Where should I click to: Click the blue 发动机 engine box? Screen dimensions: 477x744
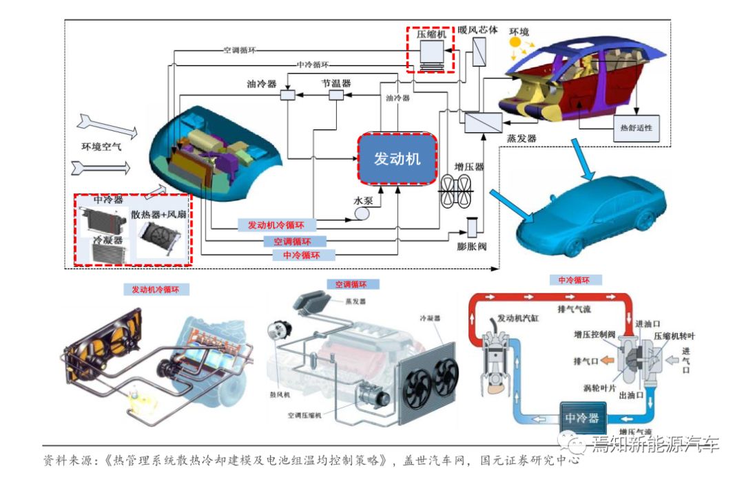[x=397, y=159]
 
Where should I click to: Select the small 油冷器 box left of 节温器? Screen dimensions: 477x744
[x=288, y=96]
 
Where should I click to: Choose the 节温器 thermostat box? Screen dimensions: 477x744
[x=336, y=96]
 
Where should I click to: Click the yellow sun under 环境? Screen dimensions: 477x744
[x=515, y=43]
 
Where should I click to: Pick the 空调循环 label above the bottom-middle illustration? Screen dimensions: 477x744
[x=351, y=284]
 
